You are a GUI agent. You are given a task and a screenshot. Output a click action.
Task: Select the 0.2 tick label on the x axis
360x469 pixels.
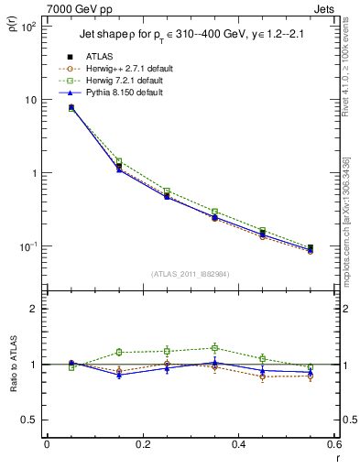point(142,445)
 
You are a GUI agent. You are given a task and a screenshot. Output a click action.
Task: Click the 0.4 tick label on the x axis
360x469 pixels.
point(238,445)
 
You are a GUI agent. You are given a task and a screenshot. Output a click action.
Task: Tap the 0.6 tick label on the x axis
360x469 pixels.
point(333,445)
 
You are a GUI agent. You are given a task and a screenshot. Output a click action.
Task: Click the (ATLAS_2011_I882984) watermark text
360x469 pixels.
point(190,274)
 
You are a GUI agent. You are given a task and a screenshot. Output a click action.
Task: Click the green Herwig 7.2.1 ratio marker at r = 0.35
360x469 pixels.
point(214,348)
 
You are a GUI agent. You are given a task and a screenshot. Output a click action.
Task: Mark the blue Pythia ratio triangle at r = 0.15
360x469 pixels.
point(118,375)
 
